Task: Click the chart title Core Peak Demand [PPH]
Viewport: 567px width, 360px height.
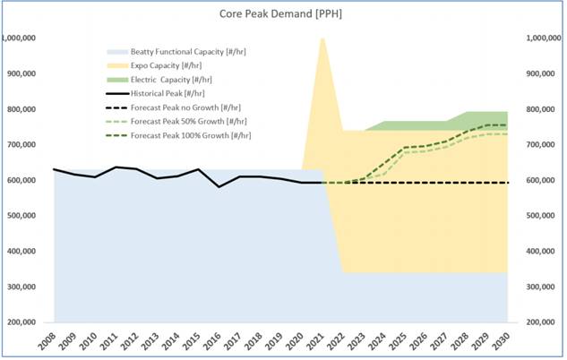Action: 282,15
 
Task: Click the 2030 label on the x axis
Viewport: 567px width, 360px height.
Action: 508,340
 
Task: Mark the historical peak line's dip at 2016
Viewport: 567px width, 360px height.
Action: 219,186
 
